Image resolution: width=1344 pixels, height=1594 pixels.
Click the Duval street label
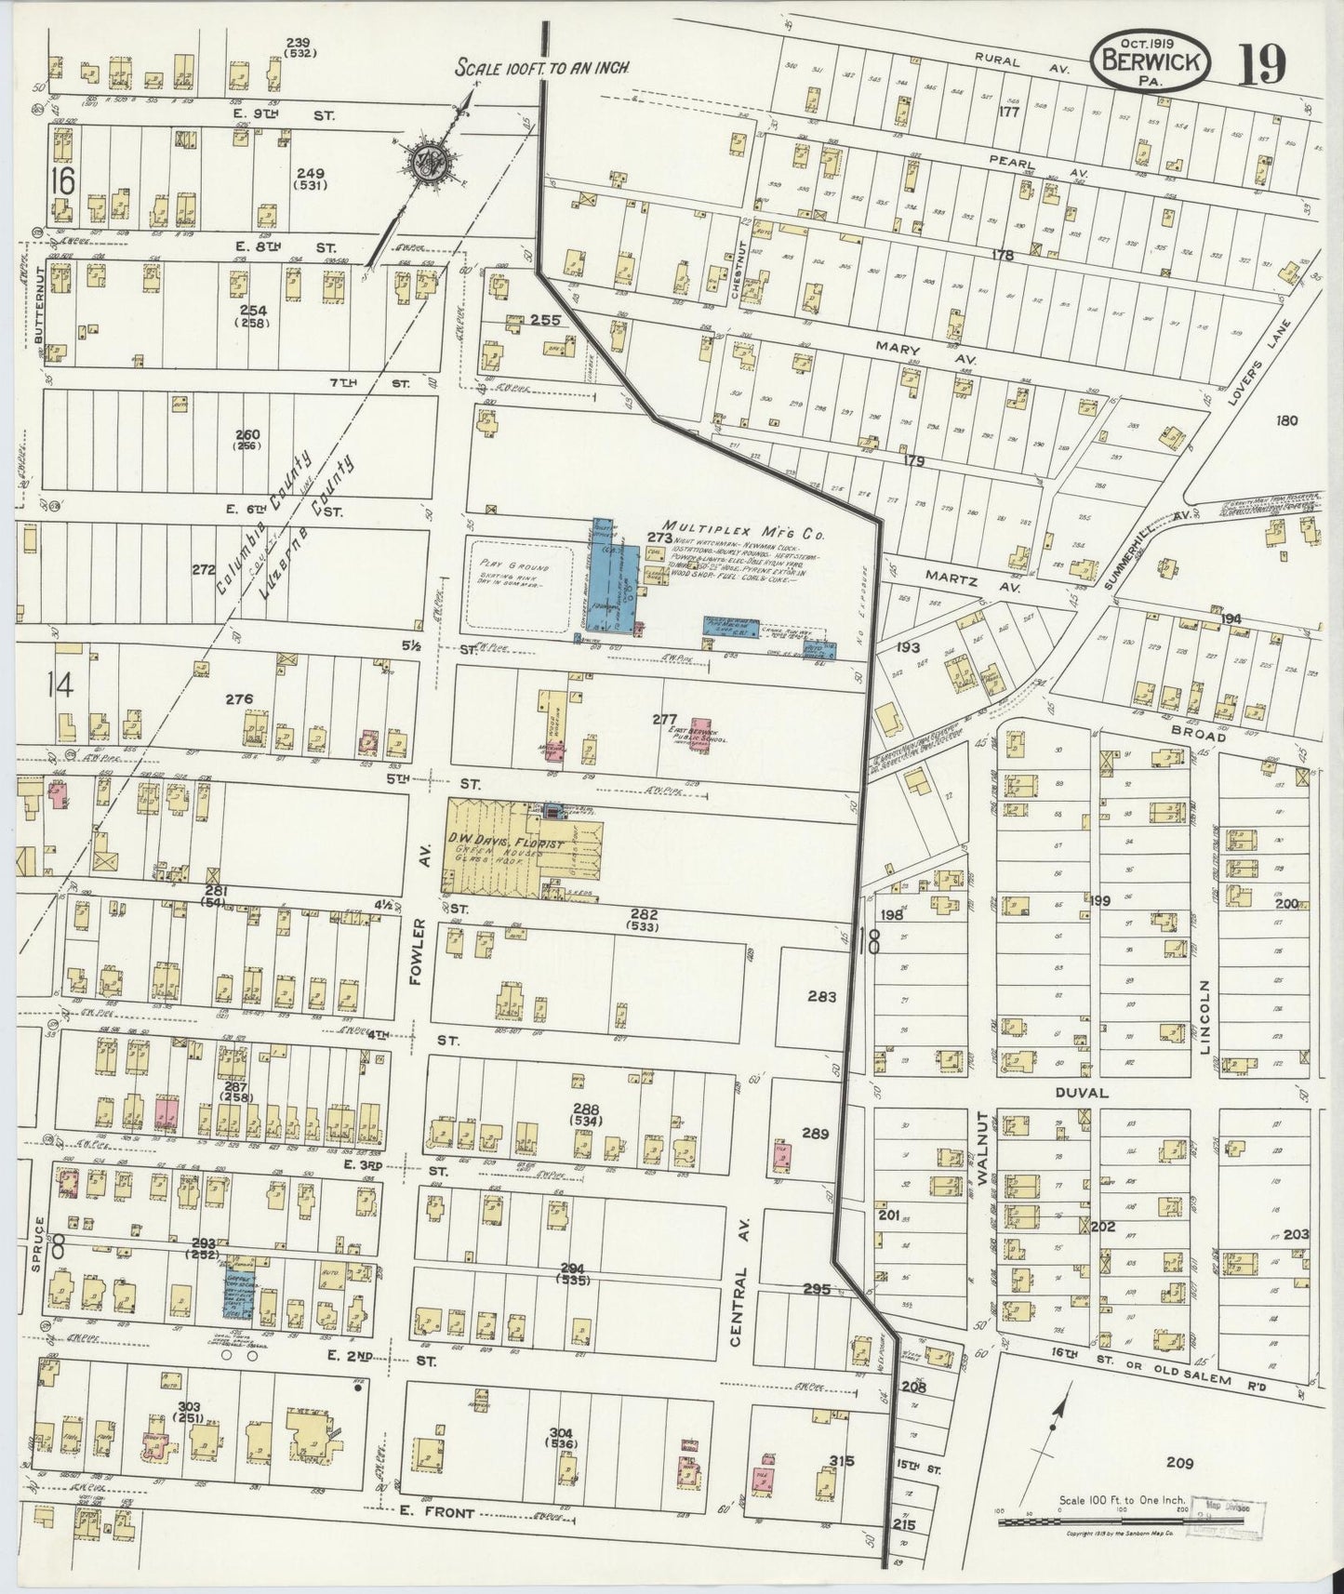point(1082,1093)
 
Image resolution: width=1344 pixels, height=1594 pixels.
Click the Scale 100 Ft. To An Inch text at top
point(544,68)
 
